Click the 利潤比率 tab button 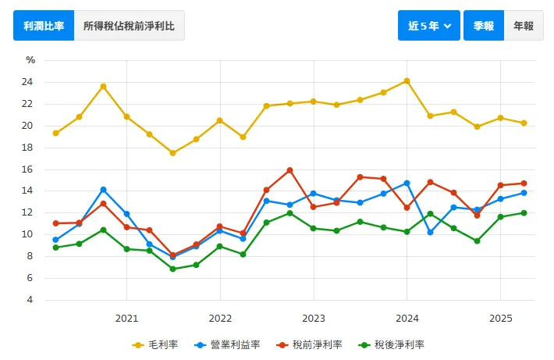point(44,26)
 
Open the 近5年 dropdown point(429,26)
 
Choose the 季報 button point(484,26)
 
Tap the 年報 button point(523,26)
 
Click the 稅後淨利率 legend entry point(391,344)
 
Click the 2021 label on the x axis point(126,318)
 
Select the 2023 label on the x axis point(314,318)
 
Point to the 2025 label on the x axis point(500,318)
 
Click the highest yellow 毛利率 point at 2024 point(407,80)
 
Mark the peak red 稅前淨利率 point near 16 point(289,170)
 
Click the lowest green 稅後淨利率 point point(172,269)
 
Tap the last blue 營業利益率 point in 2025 point(524,193)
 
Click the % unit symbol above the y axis point(30,60)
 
